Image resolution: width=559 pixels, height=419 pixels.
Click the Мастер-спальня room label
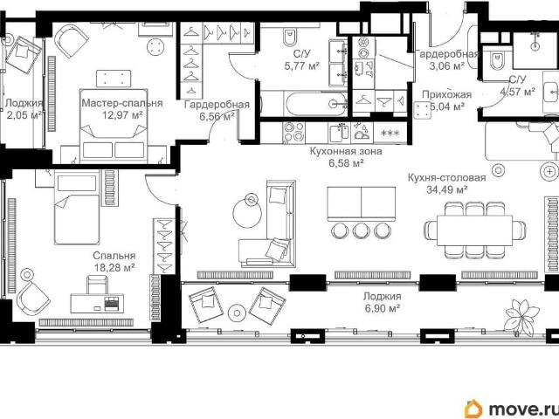point(122,103)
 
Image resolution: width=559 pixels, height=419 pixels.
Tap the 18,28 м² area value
point(114,267)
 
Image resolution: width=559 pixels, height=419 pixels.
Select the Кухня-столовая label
point(446,177)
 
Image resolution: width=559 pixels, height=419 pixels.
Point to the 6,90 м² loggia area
point(382,308)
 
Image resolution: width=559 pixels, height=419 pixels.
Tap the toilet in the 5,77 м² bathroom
point(289,37)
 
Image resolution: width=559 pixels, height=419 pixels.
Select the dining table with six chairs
point(474,230)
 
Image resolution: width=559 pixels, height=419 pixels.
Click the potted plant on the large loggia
point(521,317)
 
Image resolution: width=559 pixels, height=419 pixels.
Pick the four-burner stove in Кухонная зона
point(293,133)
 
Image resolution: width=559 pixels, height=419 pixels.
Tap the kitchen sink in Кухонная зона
point(339,132)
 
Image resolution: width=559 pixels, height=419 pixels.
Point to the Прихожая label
point(446,94)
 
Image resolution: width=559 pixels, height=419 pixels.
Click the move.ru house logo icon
point(473,409)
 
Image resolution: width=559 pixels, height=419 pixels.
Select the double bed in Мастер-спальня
point(114,126)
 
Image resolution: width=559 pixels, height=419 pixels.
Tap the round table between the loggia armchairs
point(237,313)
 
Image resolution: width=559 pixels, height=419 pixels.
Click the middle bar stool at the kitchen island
point(361,230)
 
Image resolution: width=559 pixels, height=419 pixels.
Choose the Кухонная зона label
point(346,151)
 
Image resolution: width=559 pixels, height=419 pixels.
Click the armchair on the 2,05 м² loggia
point(24,54)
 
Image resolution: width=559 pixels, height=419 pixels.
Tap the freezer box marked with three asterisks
point(390,133)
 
